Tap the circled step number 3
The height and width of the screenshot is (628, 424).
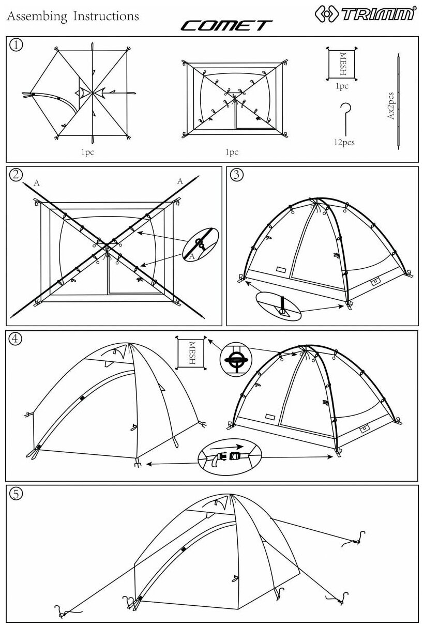coord(237,175)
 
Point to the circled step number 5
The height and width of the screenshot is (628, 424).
coord(17,494)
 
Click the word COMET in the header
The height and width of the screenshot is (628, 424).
coord(226,25)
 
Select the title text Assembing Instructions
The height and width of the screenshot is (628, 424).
coord(73,17)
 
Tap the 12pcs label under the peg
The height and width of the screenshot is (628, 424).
coord(343,142)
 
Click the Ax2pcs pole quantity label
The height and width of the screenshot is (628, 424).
coord(391,106)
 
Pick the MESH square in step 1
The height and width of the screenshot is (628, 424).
coord(342,64)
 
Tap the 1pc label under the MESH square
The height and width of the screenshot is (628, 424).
coord(342,86)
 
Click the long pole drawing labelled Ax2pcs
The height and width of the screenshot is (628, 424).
coord(399,101)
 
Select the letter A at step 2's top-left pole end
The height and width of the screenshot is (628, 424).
coord(36,182)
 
